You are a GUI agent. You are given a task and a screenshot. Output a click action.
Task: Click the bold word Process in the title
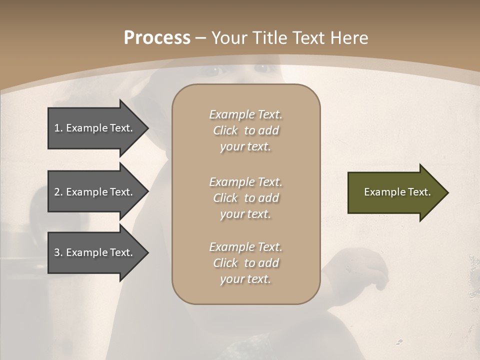coord(157,38)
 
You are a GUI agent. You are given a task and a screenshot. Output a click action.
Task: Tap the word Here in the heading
coord(349,38)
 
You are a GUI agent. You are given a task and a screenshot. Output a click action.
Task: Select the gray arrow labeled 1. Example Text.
coord(95,128)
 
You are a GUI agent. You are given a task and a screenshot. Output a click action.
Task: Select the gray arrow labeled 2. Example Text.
coord(95,192)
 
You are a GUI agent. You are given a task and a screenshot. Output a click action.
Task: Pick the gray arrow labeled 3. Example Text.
coord(95,252)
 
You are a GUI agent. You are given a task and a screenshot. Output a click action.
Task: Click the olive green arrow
coord(395,192)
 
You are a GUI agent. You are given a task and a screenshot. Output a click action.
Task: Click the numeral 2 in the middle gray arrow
coord(57,192)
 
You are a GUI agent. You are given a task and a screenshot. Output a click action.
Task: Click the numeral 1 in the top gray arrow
coord(57,128)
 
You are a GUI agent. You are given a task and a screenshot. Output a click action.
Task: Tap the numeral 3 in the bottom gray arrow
coord(57,252)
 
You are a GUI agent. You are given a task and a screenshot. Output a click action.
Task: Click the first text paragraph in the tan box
coord(245,130)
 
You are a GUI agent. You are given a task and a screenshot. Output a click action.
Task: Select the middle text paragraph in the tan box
coord(245,198)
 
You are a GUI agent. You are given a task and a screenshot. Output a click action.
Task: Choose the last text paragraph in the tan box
coord(245,263)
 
